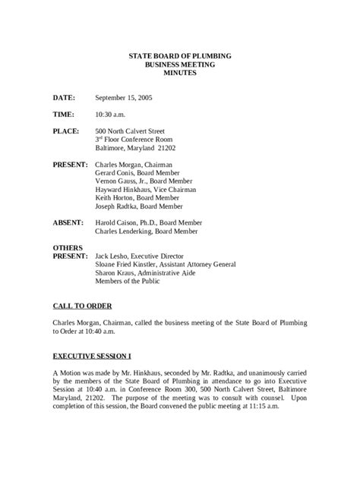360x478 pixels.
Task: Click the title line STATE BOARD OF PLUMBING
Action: [180, 57]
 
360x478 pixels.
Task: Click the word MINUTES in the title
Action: [180, 73]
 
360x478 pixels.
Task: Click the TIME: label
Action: [63, 115]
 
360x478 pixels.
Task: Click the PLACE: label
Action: [66, 131]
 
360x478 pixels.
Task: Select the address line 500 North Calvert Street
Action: [132, 131]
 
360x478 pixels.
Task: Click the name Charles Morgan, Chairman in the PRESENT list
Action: [133, 165]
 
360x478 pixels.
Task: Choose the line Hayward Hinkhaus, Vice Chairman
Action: [146, 190]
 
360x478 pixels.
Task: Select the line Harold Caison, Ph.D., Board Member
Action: [149, 223]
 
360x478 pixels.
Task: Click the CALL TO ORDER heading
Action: [82, 306]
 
